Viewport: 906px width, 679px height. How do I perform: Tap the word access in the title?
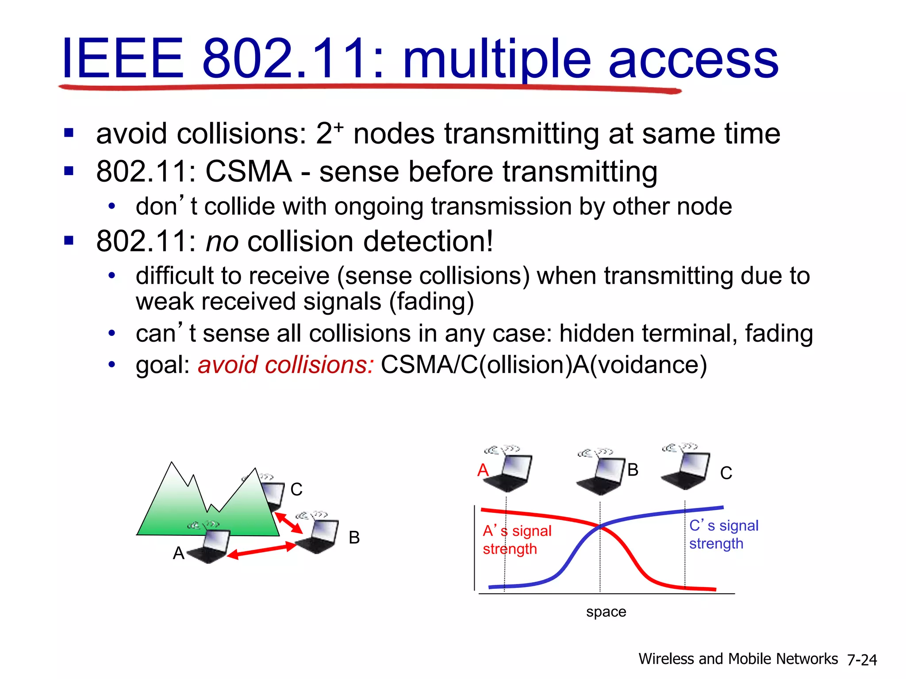[693, 60]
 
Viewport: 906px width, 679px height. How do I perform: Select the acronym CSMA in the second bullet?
[248, 172]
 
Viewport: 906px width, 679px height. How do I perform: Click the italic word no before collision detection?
[222, 242]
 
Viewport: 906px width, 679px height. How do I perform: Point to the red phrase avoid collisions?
[286, 365]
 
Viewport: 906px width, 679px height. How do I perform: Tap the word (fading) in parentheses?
[431, 302]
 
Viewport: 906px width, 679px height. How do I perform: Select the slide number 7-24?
[862, 660]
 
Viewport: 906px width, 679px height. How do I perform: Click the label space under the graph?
[606, 612]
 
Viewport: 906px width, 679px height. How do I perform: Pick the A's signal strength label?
[517, 540]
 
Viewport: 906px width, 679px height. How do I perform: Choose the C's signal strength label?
[723, 534]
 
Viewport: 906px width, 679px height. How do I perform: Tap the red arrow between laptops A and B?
[262, 551]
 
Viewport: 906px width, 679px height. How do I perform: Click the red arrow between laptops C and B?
[288, 523]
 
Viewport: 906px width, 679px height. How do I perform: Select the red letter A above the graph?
[483, 470]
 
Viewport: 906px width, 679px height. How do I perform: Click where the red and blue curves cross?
[600, 526]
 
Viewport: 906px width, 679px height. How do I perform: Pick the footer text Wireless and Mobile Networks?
[738, 659]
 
